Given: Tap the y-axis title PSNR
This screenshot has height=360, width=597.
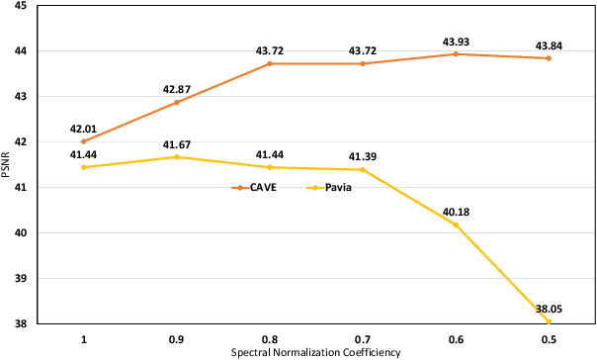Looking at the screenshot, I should [9, 164].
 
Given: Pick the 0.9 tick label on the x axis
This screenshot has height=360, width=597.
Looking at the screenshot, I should [177, 338].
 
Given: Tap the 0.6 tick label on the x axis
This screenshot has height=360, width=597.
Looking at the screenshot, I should [456, 338].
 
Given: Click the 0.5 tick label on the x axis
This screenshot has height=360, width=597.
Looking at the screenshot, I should [549, 338].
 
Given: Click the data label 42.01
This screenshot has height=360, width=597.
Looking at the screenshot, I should [84, 128].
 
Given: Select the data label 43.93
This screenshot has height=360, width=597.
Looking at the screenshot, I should [456, 41].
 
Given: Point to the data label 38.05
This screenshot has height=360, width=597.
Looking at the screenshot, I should [549, 308].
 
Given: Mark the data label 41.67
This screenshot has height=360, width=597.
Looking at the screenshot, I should [177, 143].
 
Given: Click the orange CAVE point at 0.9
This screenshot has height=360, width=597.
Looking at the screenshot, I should [177, 102].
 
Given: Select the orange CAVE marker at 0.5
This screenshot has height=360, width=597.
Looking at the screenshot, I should [549, 58].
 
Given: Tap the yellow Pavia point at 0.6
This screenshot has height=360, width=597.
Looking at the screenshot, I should [456, 225].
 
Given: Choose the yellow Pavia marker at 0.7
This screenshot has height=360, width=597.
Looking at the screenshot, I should [363, 169].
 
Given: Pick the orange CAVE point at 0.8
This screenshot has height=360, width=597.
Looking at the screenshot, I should [270, 63].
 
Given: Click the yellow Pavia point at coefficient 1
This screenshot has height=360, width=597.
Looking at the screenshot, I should [84, 167].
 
